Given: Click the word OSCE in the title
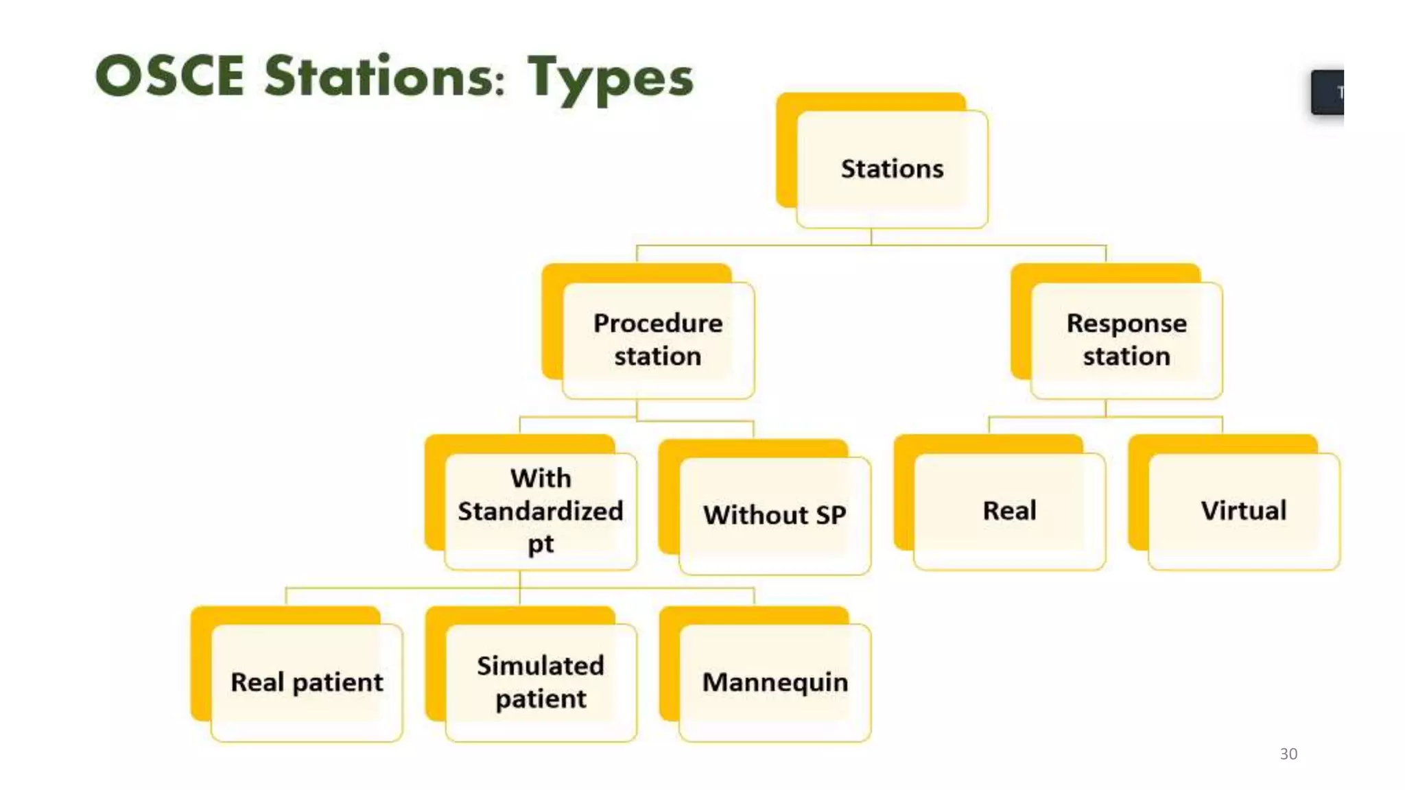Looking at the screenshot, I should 169,76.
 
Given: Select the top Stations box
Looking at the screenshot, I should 891,169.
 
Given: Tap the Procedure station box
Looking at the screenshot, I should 657,339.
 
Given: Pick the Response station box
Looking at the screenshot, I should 1126,339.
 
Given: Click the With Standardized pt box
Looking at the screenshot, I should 540,511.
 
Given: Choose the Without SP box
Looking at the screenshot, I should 774,515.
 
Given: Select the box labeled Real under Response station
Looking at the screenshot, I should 1008,511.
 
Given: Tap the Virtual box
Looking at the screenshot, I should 1243,511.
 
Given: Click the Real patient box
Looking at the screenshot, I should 306,682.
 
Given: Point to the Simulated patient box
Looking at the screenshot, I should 540,682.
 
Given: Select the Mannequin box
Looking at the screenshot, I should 775,682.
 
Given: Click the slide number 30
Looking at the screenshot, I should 1288,754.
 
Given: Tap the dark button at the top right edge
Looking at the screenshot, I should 1327,92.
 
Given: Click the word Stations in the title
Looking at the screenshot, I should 384,76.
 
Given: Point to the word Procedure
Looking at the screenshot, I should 657,323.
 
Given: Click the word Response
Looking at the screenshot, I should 1126,323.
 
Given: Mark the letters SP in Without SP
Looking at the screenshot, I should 831,515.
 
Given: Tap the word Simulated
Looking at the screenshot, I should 540,666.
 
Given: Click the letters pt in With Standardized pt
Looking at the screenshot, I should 540,544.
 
